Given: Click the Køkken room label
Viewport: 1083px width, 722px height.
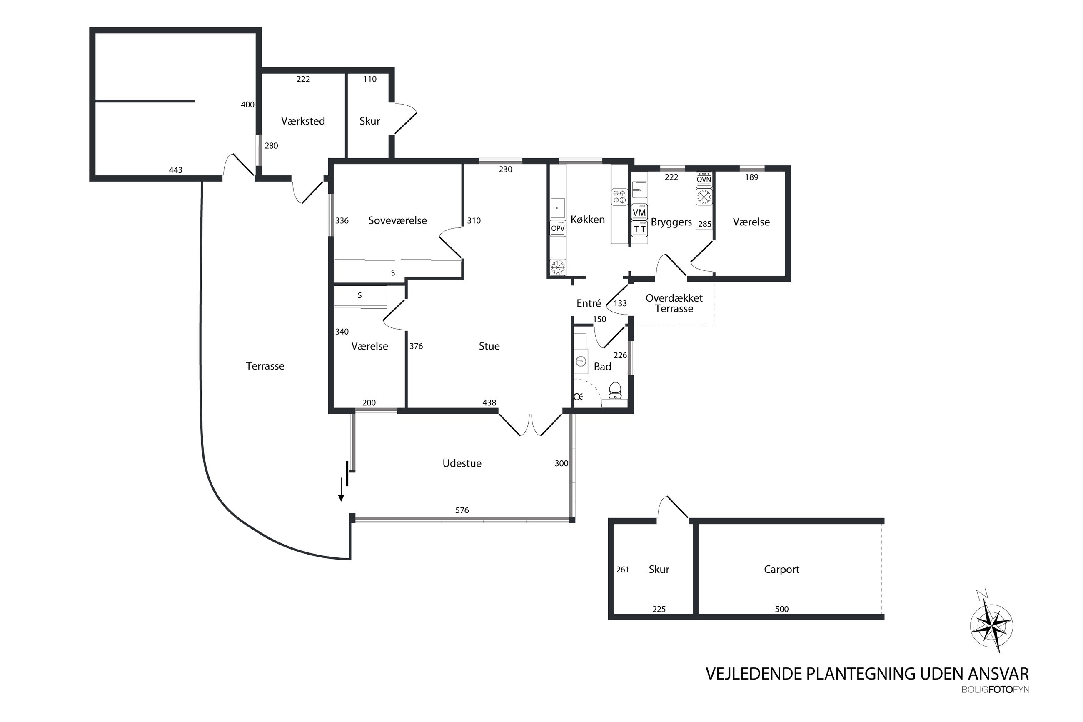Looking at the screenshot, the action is pyautogui.click(x=587, y=220).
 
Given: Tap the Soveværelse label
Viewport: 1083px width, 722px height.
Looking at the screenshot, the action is pyautogui.click(x=397, y=220).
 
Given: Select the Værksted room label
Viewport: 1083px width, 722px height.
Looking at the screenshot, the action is pyautogui.click(x=303, y=121).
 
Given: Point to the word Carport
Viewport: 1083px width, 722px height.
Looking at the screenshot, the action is pyautogui.click(x=781, y=570).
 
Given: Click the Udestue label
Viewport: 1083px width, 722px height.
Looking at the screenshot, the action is pyautogui.click(x=462, y=463).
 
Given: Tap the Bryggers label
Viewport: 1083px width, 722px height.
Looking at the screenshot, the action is pyautogui.click(x=671, y=222).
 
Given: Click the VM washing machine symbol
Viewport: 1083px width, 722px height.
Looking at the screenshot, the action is pyautogui.click(x=639, y=212).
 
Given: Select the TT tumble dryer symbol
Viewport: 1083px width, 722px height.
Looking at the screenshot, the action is pyautogui.click(x=639, y=228).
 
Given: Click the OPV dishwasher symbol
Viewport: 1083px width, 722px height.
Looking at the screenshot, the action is pyautogui.click(x=558, y=228).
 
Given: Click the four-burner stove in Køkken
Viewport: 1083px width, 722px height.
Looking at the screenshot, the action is pyautogui.click(x=619, y=197).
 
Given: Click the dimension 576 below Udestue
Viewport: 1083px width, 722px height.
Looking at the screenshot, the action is pyautogui.click(x=462, y=510).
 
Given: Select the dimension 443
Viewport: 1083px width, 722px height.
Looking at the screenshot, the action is pyautogui.click(x=175, y=170).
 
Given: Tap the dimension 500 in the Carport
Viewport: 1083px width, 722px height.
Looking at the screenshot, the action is pyautogui.click(x=781, y=609).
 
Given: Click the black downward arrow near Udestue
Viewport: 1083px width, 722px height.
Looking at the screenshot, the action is pyautogui.click(x=341, y=490).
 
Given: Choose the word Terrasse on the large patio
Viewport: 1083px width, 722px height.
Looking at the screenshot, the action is pyautogui.click(x=265, y=366).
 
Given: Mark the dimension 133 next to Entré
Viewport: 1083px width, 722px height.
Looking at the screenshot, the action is pyautogui.click(x=620, y=303).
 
